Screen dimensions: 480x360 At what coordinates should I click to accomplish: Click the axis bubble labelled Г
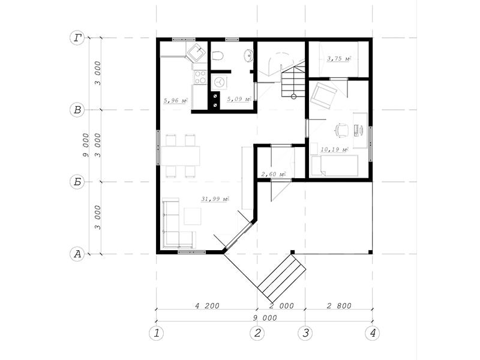77,38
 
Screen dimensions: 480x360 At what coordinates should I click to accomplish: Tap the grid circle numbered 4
372,333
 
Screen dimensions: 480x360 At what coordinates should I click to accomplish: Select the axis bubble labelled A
77,254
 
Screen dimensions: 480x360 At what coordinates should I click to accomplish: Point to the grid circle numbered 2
257,333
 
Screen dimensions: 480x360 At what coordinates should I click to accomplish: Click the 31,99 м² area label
215,199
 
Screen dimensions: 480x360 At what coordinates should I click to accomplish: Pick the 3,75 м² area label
339,58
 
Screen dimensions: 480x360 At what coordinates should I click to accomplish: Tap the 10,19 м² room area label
334,149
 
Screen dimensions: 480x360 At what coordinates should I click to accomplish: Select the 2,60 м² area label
273,174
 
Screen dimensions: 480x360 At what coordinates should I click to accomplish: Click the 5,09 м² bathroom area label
239,99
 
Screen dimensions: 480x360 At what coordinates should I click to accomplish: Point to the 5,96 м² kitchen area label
175,100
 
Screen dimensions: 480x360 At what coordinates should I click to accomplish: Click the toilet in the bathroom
218,56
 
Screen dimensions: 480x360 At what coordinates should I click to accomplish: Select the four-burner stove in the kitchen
200,77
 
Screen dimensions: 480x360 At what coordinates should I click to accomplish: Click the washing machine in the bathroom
219,82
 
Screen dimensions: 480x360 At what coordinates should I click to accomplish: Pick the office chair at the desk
341,130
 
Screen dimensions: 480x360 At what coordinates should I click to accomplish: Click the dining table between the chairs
181,156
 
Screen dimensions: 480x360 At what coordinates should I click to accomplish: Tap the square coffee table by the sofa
193,216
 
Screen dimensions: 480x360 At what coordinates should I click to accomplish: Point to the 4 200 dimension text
207,305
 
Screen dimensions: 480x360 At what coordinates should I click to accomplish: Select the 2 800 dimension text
339,305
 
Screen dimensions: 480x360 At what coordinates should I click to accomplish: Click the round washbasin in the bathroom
248,55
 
